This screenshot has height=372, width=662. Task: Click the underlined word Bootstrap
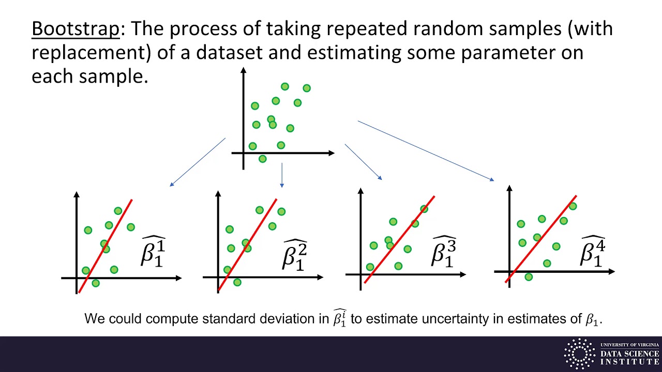click(76, 29)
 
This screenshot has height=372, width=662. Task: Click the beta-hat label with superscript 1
click(154, 252)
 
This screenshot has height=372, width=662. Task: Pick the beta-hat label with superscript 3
click(444, 251)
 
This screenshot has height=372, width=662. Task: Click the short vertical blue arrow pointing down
click(282, 176)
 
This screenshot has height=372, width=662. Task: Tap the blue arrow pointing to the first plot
click(198, 162)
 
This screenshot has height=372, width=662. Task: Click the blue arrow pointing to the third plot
click(363, 162)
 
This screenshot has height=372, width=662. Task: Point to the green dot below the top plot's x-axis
click(262, 159)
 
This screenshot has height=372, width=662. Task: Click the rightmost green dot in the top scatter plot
click(307, 88)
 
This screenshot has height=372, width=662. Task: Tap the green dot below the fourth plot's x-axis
click(529, 277)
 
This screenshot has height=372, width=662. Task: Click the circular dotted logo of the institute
click(579, 354)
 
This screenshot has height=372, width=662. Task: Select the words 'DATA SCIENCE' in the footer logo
click(629, 353)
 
